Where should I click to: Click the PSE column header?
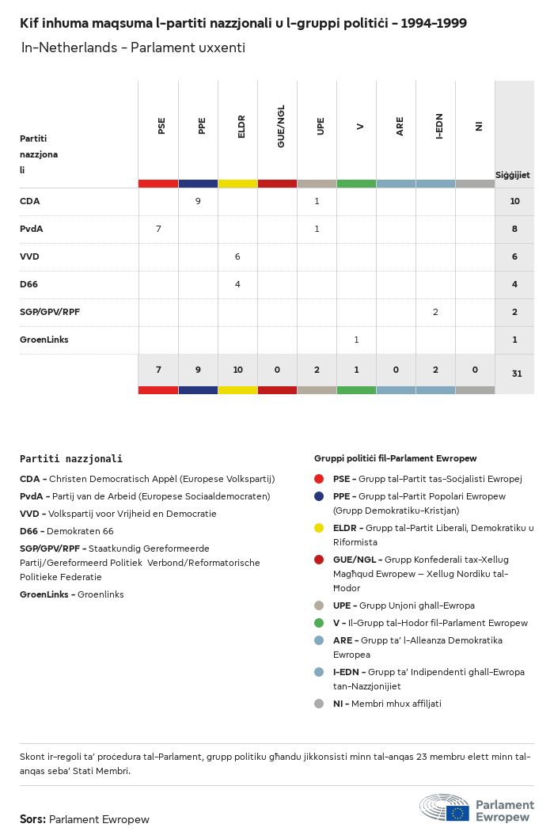click(161, 126)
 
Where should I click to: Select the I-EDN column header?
click(439, 126)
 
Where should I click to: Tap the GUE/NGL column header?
click(281, 128)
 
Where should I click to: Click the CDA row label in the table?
click(30, 201)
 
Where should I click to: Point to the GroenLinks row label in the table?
click(44, 340)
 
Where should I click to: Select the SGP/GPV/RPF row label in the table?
click(50, 312)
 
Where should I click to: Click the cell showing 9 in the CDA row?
click(198, 201)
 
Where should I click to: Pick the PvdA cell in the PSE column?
click(158, 229)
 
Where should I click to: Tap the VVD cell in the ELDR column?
click(237, 256)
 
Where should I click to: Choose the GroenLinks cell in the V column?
click(356, 340)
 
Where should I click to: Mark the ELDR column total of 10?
click(237, 370)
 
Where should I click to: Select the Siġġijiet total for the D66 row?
click(514, 284)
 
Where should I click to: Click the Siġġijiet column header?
click(513, 174)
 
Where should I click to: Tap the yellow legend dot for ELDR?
click(319, 528)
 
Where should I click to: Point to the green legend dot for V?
click(319, 623)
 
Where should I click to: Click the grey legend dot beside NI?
click(319, 704)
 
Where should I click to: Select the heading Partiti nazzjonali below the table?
click(71, 458)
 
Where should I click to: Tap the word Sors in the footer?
click(32, 819)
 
